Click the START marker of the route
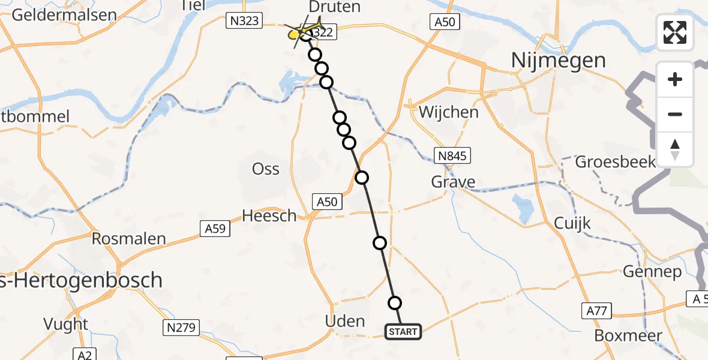(x=403, y=331)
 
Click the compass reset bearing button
(x=675, y=149)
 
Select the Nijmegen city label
(x=557, y=60)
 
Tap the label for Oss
(x=266, y=169)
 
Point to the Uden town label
(x=344, y=321)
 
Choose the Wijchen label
(x=449, y=112)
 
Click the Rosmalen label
(x=128, y=239)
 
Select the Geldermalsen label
(x=64, y=15)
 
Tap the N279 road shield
(x=182, y=327)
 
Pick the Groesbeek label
(x=616, y=162)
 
